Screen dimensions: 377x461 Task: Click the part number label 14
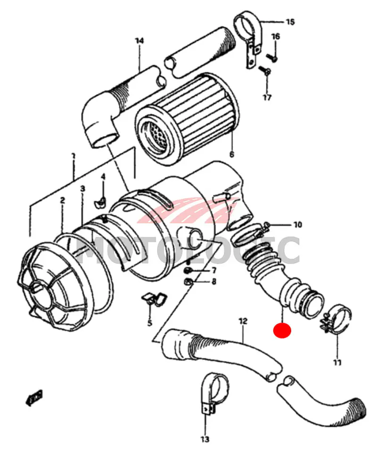pyautogui.click(x=139, y=40)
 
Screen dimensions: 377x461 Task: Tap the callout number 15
pyautogui.click(x=290, y=22)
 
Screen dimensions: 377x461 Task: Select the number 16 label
pyautogui.click(x=276, y=36)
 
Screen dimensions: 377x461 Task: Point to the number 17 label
pyautogui.click(x=267, y=97)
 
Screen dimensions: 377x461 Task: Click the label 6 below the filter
pyautogui.click(x=231, y=154)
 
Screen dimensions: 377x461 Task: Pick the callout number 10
pyautogui.click(x=298, y=225)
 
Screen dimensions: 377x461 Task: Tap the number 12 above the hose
pyautogui.click(x=243, y=321)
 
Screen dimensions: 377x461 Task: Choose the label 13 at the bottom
pyautogui.click(x=205, y=439)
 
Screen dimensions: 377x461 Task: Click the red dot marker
pyautogui.click(x=282, y=331)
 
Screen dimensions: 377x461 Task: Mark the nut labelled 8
pyautogui.click(x=188, y=282)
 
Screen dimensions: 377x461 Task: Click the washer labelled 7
pyautogui.click(x=188, y=270)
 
